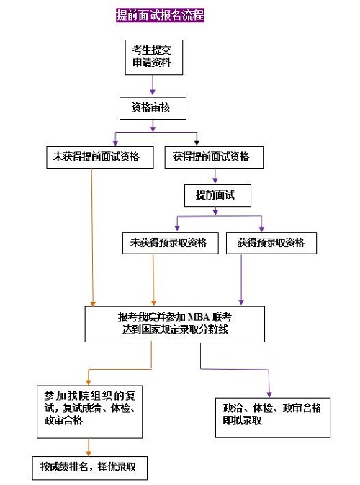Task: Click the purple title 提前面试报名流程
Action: coord(160,15)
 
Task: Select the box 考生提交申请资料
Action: coord(154,57)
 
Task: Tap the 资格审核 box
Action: coord(153,108)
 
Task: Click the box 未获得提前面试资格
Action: coord(100,157)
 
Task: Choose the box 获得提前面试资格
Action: coord(214,157)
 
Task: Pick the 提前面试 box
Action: coord(217,195)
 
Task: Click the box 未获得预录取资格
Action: coord(170,243)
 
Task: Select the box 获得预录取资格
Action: coord(271,243)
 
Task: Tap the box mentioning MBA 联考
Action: coord(174,324)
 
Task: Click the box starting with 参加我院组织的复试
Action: coord(89,411)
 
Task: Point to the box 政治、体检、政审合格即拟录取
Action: coord(273,417)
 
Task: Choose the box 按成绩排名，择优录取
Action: coord(89,468)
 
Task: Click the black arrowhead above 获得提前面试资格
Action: coord(197,143)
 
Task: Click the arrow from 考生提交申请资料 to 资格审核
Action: coord(153,85)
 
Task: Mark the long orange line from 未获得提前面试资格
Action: coord(92,238)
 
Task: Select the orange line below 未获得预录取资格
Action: coord(153,280)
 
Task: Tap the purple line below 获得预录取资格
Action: coord(241,280)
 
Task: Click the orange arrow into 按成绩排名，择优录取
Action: coord(89,448)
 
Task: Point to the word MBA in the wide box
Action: coord(199,317)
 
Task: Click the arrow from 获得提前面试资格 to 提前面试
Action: coord(215,176)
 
